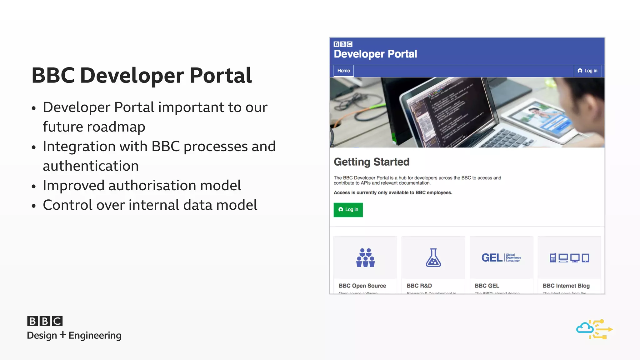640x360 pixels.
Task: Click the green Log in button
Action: pyautogui.click(x=348, y=210)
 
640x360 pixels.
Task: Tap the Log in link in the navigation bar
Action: pyautogui.click(x=587, y=71)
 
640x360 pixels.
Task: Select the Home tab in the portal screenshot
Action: pyautogui.click(x=343, y=71)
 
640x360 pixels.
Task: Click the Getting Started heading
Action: pyautogui.click(x=371, y=162)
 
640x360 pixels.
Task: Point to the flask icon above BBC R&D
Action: pyautogui.click(x=433, y=258)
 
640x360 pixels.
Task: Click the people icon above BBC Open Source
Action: pyautogui.click(x=365, y=258)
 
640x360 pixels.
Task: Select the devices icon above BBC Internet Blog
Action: pyautogui.click(x=569, y=258)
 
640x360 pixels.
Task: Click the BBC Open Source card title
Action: pyautogui.click(x=362, y=286)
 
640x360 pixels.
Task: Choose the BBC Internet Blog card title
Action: pyautogui.click(x=566, y=286)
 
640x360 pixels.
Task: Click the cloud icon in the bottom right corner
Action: pyautogui.click(x=585, y=328)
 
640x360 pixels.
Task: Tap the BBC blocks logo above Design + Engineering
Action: pyautogui.click(x=45, y=321)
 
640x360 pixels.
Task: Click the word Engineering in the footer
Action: pyautogui.click(x=95, y=336)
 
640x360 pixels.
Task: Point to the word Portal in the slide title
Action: pyautogui.click(x=220, y=76)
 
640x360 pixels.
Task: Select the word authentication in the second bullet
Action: pyautogui.click(x=91, y=166)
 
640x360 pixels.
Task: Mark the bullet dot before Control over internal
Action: pyautogui.click(x=34, y=206)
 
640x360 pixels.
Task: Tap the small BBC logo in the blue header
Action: pyautogui.click(x=343, y=44)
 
